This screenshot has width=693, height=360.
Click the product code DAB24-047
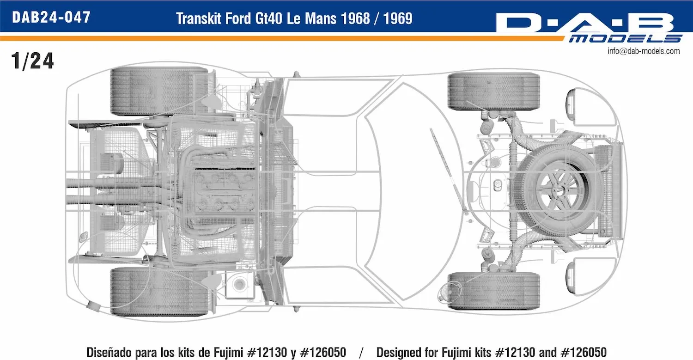pos(51,18)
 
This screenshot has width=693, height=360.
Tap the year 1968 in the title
pos(355,18)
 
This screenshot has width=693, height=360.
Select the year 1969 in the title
pos(397,18)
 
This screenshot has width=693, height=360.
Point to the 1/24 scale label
pos(32,61)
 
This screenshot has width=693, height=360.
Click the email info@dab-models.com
pos(644,51)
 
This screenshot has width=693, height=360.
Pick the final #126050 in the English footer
pos(584,352)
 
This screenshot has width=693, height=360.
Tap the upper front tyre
pos(494,91)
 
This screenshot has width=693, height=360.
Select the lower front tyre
pos(494,291)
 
